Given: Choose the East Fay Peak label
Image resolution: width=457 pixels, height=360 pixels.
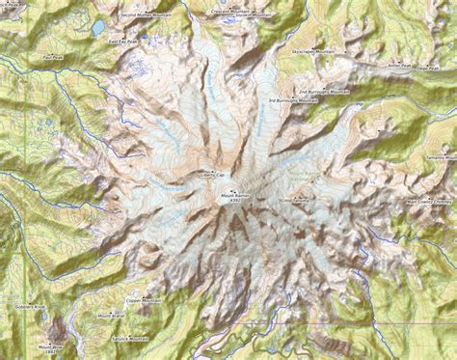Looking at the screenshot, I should point(123,42).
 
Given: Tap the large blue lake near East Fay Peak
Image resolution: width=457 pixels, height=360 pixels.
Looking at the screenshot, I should point(99,28).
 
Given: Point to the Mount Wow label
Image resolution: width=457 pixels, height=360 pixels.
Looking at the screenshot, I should point(49,346).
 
